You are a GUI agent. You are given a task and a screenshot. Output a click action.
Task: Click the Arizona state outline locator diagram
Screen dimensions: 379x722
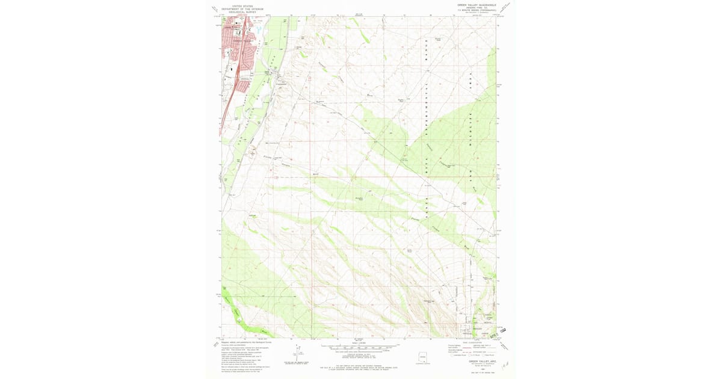(x=425, y=357)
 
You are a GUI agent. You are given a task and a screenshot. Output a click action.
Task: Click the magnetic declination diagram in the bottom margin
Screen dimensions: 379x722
(x=297, y=355)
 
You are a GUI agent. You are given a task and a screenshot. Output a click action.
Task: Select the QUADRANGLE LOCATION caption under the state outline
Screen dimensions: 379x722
(x=425, y=365)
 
